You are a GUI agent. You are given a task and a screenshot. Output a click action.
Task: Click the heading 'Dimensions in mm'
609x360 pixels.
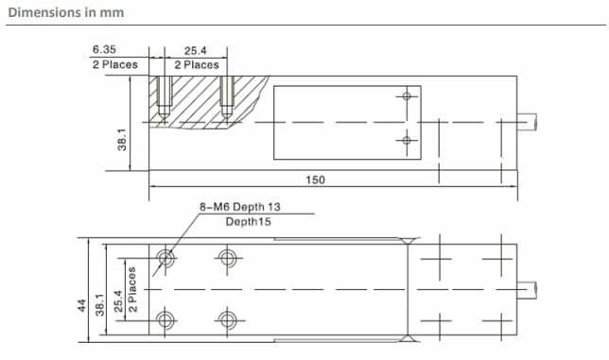click(x=66, y=12)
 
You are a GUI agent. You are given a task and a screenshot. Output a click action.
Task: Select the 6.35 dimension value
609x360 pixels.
click(x=104, y=50)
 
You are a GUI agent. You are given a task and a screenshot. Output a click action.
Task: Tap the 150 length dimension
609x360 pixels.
click(x=316, y=180)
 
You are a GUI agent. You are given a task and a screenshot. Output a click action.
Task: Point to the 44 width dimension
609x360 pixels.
click(x=81, y=305)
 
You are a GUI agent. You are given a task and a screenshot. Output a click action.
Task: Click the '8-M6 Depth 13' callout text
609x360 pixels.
click(x=239, y=207)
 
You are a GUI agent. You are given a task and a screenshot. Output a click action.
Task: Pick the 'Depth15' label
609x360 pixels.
click(x=248, y=222)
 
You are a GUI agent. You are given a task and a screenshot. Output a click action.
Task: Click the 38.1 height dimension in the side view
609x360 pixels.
click(x=122, y=140)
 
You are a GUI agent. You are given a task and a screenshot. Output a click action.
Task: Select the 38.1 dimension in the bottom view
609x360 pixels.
click(x=100, y=304)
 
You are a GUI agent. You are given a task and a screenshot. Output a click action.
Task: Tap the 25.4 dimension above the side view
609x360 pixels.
click(x=196, y=51)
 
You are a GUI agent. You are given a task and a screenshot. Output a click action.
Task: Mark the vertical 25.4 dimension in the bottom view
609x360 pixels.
click(x=118, y=301)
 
